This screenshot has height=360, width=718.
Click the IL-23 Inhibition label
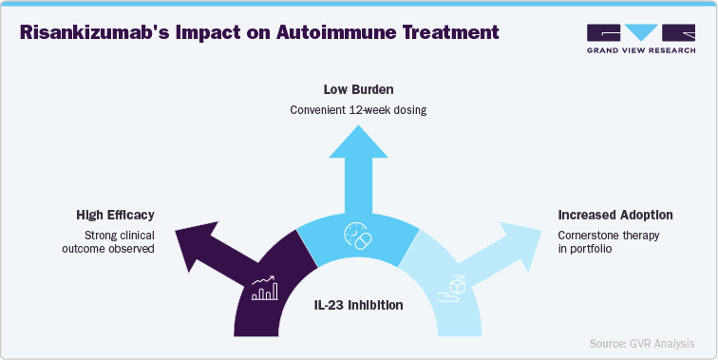coord(358,306)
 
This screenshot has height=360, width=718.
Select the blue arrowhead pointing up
coord(358,142)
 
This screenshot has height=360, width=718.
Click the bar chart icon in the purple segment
coord(264,289)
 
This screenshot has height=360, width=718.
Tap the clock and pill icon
coord(358,236)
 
